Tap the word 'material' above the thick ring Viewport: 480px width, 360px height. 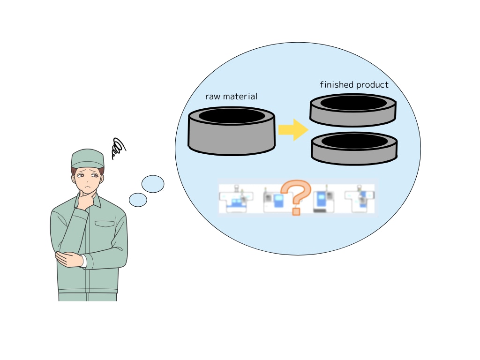[x=240, y=97]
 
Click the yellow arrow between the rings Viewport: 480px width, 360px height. [x=293, y=130]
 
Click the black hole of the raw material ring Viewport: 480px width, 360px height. [x=232, y=116]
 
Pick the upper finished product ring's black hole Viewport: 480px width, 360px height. [x=353, y=103]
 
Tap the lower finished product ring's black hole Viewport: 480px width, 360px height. [x=354, y=141]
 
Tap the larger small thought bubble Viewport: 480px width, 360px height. [x=153, y=184]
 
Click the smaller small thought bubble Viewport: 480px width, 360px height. [x=138, y=200]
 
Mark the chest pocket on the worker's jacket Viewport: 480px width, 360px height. [x=105, y=224]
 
